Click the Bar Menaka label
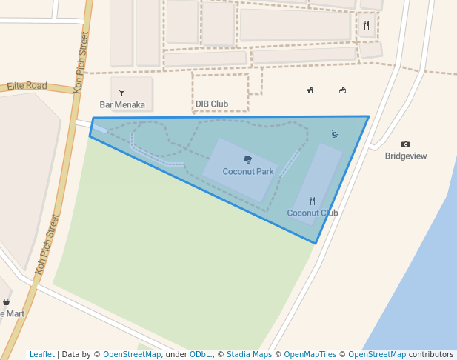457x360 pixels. click(122, 105)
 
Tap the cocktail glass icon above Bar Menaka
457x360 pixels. click(122, 93)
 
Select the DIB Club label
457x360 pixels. click(212, 104)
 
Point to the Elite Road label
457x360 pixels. click(27, 86)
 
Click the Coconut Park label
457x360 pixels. click(248, 172)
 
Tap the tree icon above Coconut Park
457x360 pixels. click(247, 159)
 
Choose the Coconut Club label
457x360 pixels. click(313, 213)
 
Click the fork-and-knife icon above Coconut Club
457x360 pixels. click(313, 201)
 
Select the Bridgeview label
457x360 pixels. click(406, 156)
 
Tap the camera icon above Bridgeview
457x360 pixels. click(405, 144)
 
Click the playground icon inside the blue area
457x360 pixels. click(335, 134)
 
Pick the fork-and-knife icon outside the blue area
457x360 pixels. click(367, 25)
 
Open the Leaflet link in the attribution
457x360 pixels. click(42, 355)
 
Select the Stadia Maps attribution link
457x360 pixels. click(249, 355)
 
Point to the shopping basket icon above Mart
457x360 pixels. click(7, 301)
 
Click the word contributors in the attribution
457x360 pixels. click(431, 355)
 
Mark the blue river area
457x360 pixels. click(422, 281)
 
